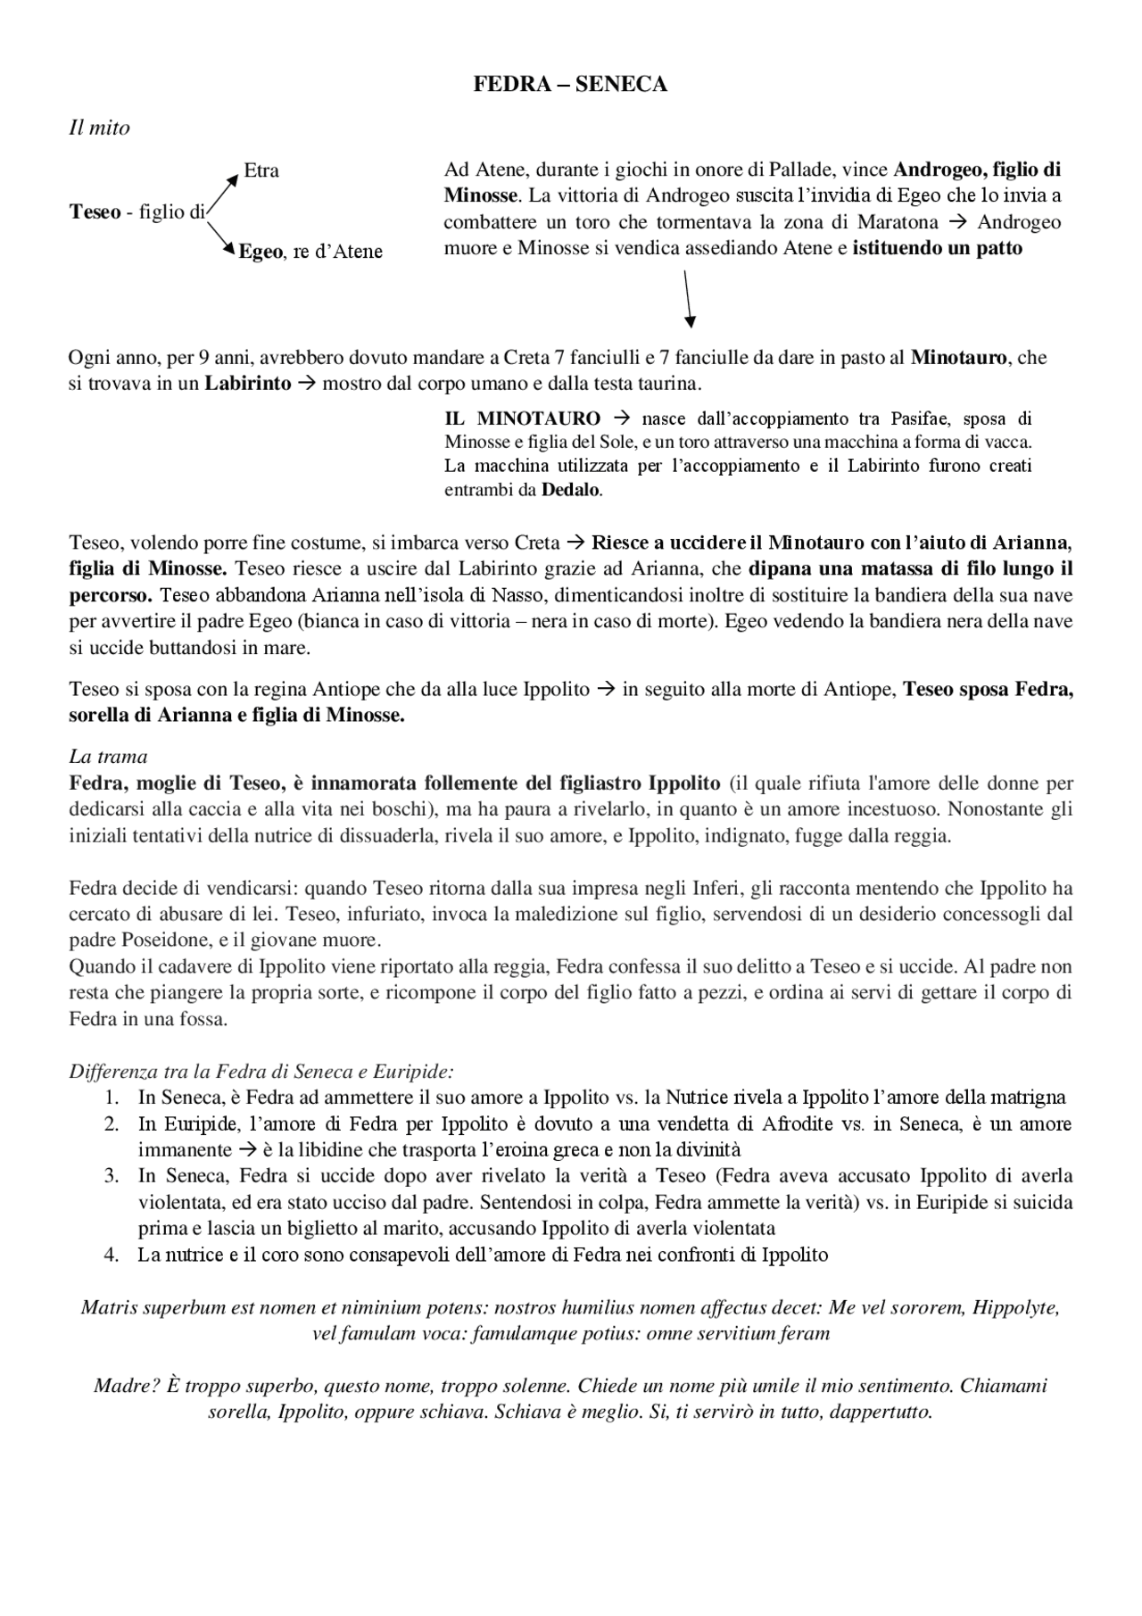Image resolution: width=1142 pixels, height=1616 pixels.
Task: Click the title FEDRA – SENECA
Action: coord(570,85)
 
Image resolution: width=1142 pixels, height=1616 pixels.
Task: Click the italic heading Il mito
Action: coord(99,128)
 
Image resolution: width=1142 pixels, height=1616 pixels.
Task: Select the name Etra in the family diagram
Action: coord(261,170)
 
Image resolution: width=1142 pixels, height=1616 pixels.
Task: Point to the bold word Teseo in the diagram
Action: coord(95,212)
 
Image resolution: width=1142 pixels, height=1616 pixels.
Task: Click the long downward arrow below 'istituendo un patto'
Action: coord(688,298)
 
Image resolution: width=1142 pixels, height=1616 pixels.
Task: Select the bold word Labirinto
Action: coord(247,384)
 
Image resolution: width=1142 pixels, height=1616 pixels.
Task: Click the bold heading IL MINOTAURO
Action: coord(522,418)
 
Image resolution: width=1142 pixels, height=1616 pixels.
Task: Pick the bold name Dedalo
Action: coord(571,489)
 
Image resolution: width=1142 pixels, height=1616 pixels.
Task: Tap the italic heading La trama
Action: coord(108,757)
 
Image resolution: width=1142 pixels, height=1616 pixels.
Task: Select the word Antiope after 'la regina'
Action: coord(343,690)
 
